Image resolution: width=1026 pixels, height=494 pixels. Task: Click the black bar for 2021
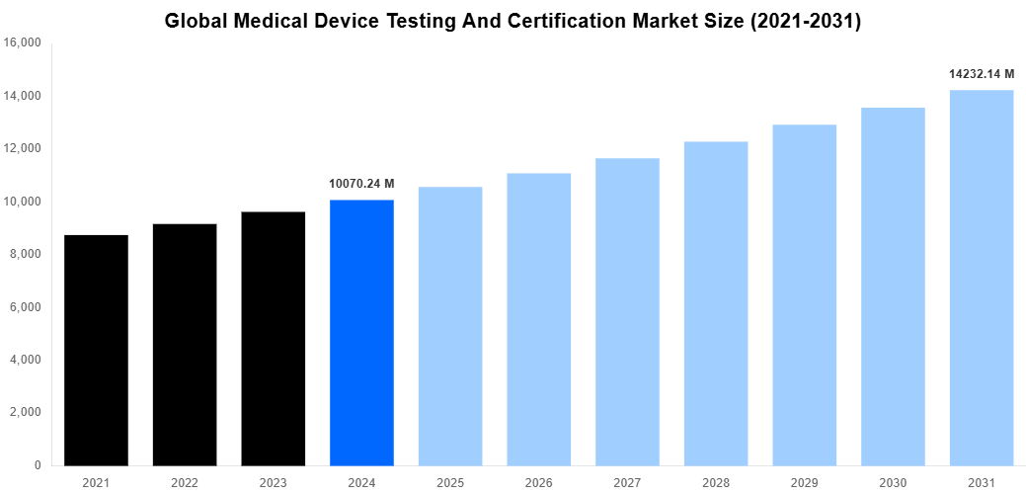(96, 350)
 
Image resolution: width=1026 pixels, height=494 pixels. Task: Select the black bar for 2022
(185, 345)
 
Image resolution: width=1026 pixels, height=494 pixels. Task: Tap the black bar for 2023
(274, 339)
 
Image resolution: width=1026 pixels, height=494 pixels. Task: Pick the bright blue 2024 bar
(361, 332)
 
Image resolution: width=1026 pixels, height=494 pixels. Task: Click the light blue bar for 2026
(539, 319)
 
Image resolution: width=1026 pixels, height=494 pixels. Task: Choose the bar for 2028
(716, 303)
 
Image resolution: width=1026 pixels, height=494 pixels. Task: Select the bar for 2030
(893, 287)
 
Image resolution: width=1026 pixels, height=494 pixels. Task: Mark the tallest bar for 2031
(982, 278)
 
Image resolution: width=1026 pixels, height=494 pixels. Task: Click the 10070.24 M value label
(361, 184)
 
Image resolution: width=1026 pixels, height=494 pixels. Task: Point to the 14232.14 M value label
(982, 74)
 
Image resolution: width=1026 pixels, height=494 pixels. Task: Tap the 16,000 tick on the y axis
(23, 43)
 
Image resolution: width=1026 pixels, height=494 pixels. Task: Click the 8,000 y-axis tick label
(26, 255)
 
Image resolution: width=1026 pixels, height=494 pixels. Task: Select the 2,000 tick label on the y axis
(26, 413)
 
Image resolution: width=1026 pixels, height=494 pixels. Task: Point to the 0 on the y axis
(37, 465)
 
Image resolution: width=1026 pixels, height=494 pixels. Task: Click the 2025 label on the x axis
(450, 482)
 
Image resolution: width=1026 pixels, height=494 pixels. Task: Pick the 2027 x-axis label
(627, 482)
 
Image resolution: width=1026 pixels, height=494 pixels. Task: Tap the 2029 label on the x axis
(805, 482)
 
